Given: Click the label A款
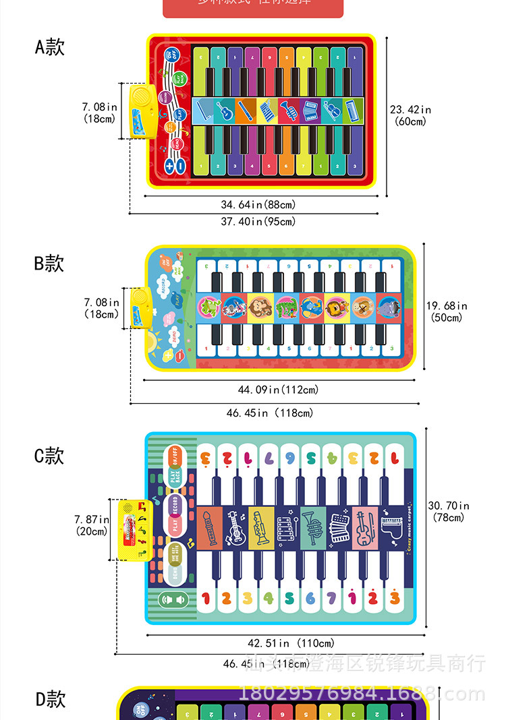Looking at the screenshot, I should click(x=49, y=47).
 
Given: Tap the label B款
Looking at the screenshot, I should click(x=49, y=264).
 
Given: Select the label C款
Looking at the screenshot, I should click(x=49, y=456).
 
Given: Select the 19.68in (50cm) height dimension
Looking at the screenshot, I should click(x=447, y=311).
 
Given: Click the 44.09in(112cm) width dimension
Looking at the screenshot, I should click(x=278, y=390).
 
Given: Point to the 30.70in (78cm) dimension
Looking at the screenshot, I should click(x=449, y=512).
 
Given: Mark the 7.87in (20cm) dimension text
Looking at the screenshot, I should click(x=92, y=524).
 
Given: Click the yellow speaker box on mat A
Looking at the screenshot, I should click(x=140, y=112).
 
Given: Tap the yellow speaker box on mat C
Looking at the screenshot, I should click(x=132, y=530).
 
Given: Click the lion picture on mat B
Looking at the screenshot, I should click(x=335, y=309).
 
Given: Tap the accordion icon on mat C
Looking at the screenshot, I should click(x=337, y=527).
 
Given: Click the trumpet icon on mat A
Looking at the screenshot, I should click(x=287, y=111).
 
